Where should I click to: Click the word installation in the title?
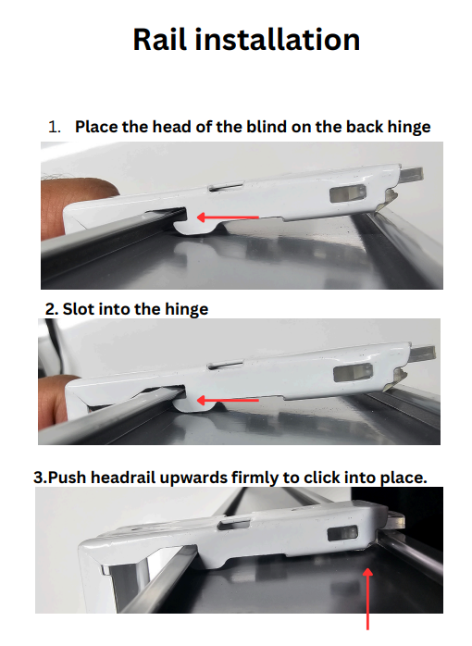click(x=278, y=40)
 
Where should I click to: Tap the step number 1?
click(x=55, y=127)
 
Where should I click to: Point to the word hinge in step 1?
click(x=409, y=128)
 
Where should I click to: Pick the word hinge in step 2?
click(x=187, y=310)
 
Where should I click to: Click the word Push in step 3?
click(x=68, y=478)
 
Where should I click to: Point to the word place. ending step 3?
click(x=404, y=478)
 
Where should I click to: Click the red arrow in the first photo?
click(x=228, y=217)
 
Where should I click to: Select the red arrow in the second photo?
click(x=228, y=400)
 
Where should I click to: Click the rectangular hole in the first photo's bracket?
click(x=348, y=193)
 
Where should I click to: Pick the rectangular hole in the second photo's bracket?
click(x=353, y=373)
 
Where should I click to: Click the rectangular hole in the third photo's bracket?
click(x=342, y=533)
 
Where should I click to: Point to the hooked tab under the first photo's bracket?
click(x=193, y=227)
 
